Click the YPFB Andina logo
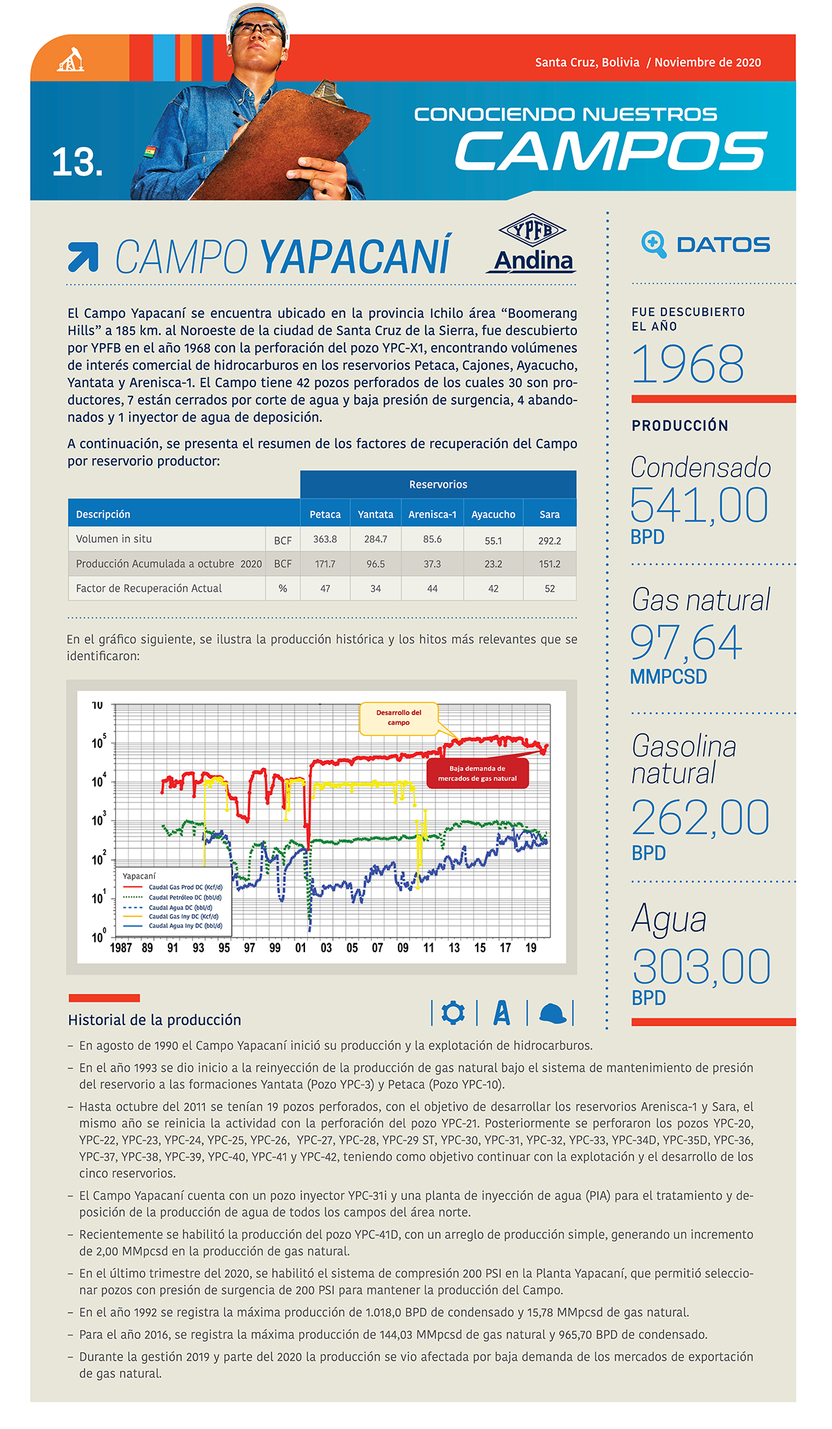pos(532,244)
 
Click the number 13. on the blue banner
pos(77,162)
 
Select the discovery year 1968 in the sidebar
pos(688,364)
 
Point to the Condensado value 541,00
pos(699,505)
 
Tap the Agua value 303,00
pos(701,967)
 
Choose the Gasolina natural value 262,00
pos(700,818)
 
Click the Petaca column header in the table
pos(325,514)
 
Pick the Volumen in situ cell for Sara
pos(549,540)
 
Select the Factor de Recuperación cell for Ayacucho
pos(493,588)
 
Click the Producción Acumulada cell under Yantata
pos(375,564)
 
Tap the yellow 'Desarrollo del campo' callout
pos(399,718)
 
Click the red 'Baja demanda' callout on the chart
pos(477,773)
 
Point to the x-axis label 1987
pos(121,948)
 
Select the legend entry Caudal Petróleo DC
pos(185,897)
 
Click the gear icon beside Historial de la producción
pos(453,1012)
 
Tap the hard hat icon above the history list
pos(552,1013)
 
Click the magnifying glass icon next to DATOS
pos(653,244)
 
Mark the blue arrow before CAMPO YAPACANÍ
pos(83,256)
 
